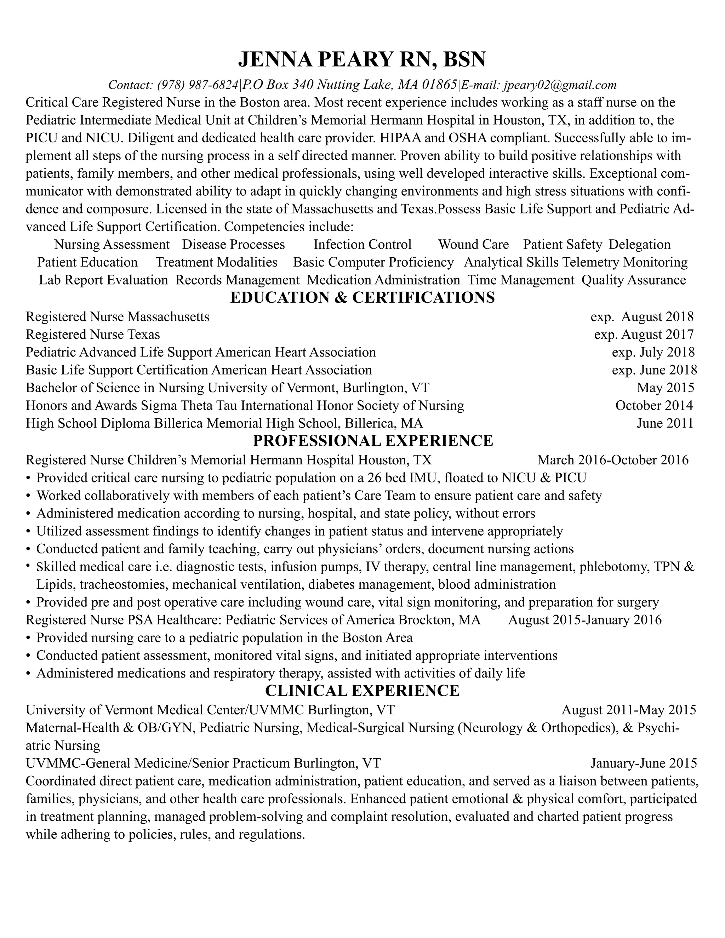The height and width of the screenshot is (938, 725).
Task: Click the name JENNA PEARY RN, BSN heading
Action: (x=362, y=59)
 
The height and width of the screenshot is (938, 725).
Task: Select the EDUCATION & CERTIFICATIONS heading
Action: (x=362, y=298)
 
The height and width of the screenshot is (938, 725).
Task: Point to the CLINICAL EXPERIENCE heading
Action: (x=362, y=690)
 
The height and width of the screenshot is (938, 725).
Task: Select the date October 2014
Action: (x=654, y=405)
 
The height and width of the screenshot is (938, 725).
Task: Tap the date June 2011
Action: (x=665, y=423)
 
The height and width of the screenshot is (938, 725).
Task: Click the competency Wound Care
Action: (x=473, y=244)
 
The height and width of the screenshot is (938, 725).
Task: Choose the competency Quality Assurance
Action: (x=634, y=280)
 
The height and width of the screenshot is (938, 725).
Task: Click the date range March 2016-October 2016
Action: (x=612, y=460)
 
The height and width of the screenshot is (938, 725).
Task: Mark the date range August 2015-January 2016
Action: (x=584, y=620)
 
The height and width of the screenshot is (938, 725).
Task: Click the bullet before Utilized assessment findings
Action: (x=28, y=532)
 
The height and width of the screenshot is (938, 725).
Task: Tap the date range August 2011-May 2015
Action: (x=628, y=709)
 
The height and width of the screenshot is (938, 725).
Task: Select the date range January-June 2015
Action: (x=643, y=763)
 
